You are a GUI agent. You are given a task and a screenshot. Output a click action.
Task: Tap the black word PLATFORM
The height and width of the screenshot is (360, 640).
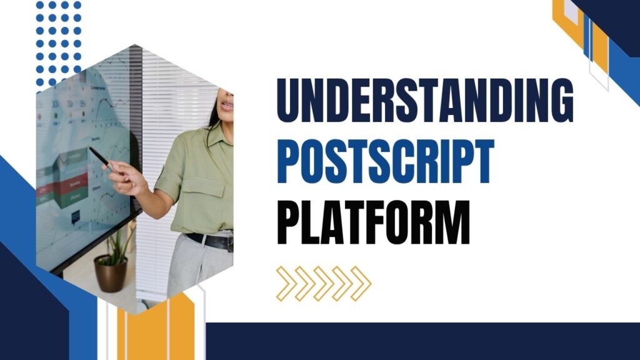click(x=373, y=222)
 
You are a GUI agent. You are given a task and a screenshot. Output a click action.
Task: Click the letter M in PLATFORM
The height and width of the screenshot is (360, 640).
click(x=451, y=222)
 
